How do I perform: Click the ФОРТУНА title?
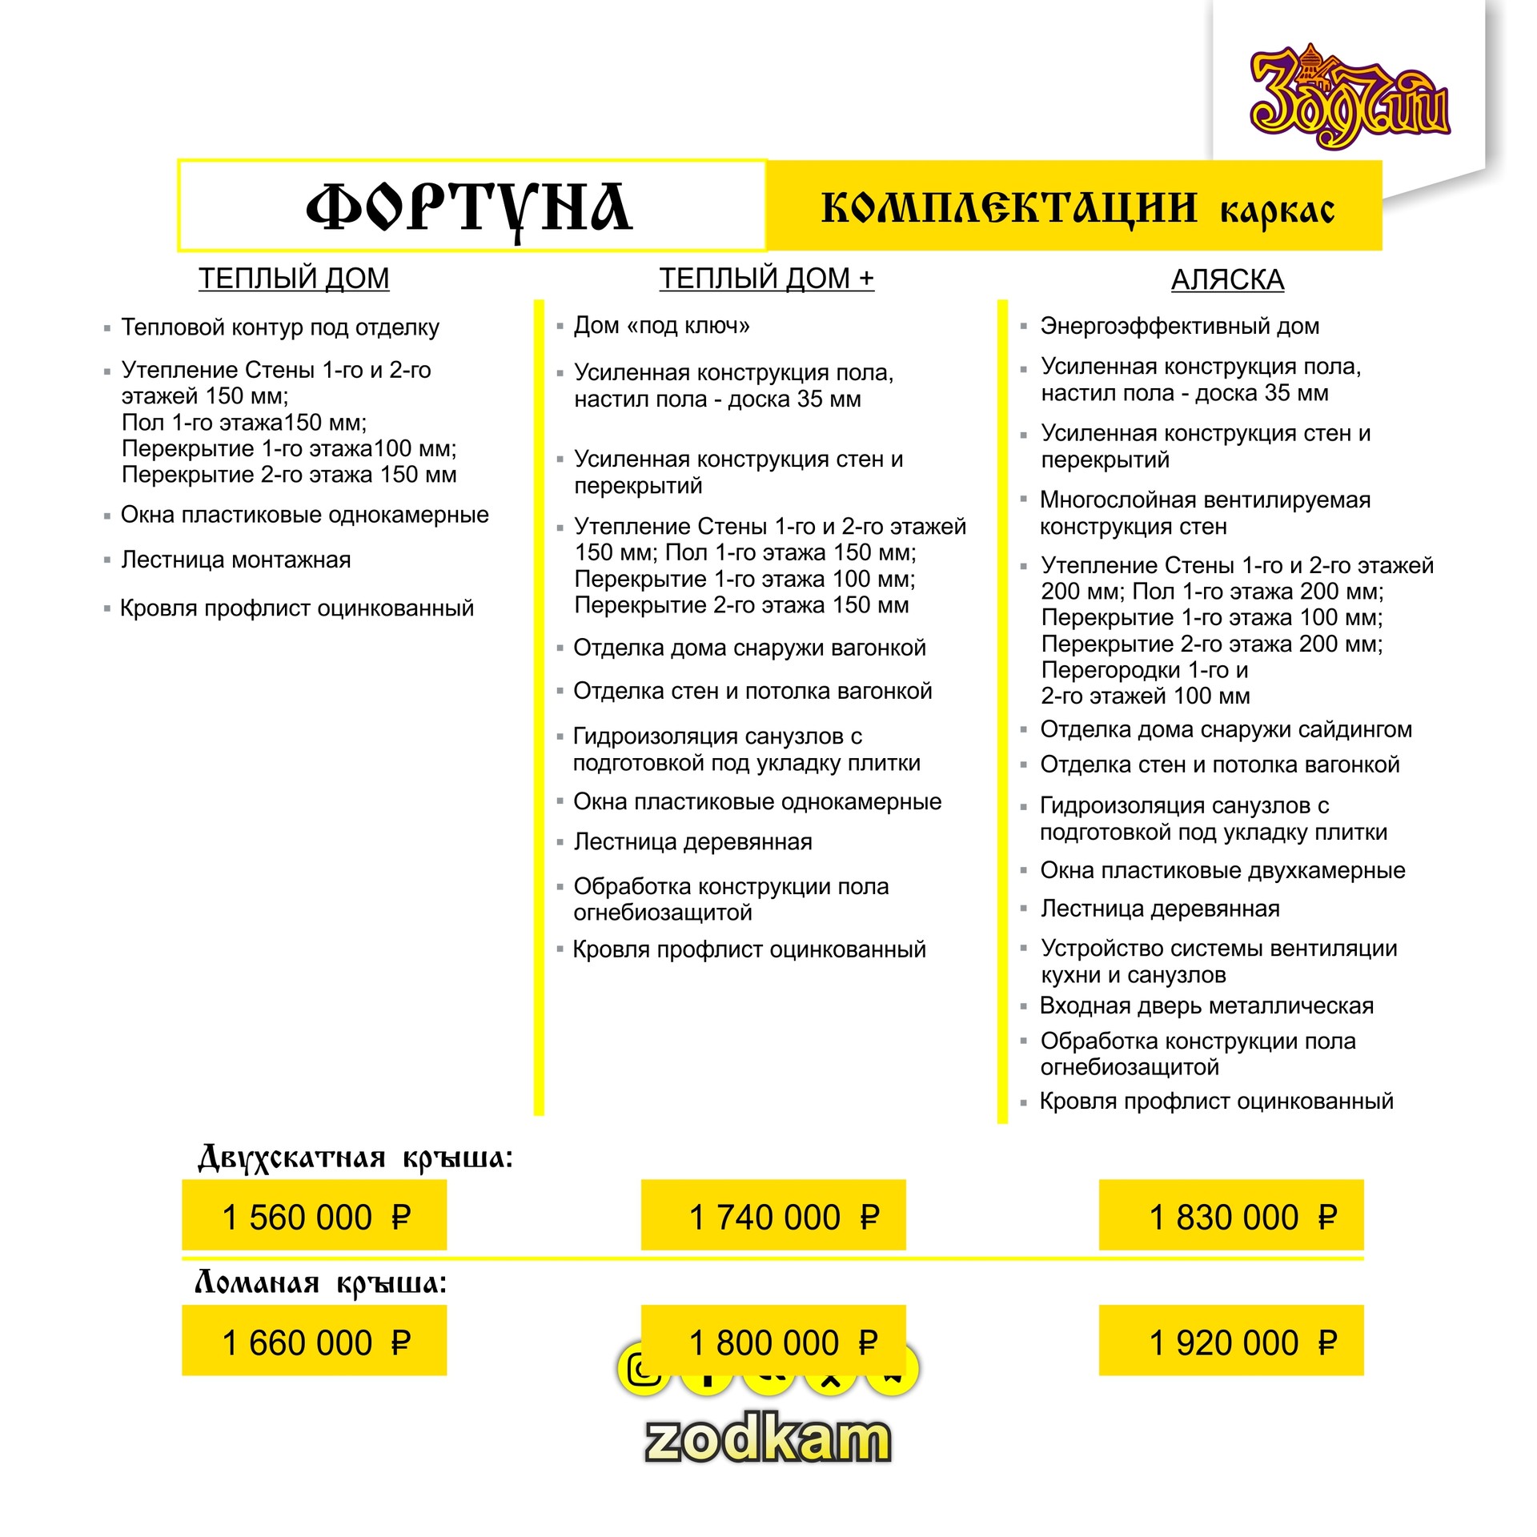tap(470, 207)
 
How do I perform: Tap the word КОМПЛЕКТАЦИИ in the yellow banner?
tap(1009, 208)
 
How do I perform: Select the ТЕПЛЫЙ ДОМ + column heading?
tap(766, 279)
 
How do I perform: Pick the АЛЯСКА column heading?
tap(1227, 280)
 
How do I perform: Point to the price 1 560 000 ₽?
tap(315, 1217)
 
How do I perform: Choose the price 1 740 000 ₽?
tap(773, 1217)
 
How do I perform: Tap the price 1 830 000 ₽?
tap(1231, 1217)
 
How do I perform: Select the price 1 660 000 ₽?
tap(315, 1342)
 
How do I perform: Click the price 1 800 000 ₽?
tap(773, 1342)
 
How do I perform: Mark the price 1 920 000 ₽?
tap(1231, 1342)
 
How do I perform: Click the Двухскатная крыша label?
tap(355, 1158)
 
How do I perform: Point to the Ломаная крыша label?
tap(320, 1284)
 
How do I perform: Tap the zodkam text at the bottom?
tap(768, 1439)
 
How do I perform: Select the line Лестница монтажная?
tap(236, 560)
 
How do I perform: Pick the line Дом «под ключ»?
tap(662, 326)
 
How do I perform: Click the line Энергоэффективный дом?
tap(1180, 327)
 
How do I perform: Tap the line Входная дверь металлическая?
tap(1206, 1005)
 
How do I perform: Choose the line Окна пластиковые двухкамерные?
tap(1222, 870)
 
